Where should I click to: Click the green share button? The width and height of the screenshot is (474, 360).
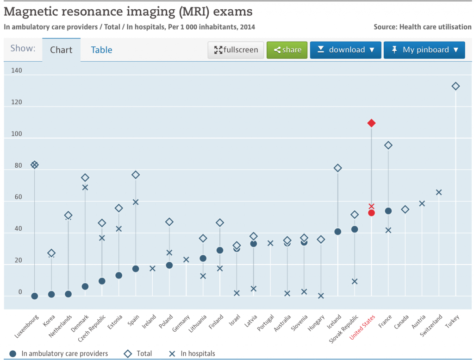287,50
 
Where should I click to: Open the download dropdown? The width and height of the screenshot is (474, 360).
345,50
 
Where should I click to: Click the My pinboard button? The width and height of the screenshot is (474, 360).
424,50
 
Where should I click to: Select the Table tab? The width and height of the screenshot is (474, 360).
101,50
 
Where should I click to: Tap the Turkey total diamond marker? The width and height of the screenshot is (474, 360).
455,86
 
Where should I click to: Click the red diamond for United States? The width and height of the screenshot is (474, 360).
371,123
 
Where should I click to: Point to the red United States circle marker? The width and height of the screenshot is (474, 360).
371,213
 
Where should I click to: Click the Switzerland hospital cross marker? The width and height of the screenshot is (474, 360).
439,192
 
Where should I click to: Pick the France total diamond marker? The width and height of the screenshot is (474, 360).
388,145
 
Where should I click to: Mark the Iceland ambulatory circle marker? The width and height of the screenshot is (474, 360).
338,232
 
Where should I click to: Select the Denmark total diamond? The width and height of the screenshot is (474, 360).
85,178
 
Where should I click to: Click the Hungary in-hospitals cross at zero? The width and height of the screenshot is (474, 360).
321,296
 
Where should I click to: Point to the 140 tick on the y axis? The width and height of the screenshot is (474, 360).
17,71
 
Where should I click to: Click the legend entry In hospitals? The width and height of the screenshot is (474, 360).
198,354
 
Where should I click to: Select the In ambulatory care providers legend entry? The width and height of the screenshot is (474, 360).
64,354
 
